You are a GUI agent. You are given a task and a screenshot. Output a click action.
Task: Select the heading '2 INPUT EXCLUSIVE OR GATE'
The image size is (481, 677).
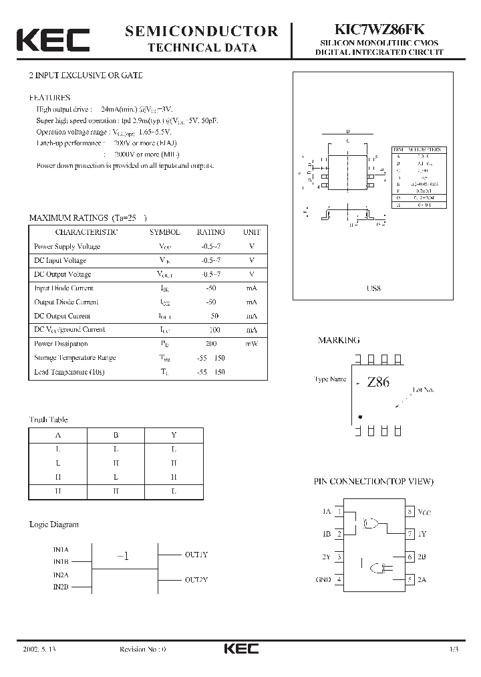coord(81,76)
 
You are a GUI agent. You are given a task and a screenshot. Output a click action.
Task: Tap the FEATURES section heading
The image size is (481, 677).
coord(49,97)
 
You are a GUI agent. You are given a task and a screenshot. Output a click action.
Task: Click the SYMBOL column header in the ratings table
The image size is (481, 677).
coord(164,232)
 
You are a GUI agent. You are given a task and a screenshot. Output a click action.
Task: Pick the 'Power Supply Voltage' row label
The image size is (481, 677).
coord(67,246)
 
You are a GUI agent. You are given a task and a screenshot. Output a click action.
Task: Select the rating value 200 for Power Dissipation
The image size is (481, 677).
coord(210,344)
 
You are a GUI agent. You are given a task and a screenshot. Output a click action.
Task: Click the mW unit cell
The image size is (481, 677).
coord(252,344)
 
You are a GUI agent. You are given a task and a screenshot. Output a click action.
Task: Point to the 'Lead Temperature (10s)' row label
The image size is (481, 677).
coord(69,372)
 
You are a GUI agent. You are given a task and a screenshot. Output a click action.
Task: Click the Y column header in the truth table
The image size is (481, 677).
coord(174,434)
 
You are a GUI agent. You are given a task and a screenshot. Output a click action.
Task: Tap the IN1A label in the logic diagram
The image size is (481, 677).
coord(61,549)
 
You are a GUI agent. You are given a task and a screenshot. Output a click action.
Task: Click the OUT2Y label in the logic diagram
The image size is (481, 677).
coord(196,579)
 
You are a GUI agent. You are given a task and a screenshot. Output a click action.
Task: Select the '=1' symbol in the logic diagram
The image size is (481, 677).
coord(122,557)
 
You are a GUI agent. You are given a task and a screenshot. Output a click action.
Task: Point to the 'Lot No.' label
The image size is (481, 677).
coord(424,389)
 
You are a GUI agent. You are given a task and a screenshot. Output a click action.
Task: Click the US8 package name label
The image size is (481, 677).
coord(373,288)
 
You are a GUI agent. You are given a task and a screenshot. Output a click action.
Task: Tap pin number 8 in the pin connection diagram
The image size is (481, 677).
coord(410,512)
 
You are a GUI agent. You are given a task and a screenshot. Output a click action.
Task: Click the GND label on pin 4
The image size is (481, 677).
coord(323,579)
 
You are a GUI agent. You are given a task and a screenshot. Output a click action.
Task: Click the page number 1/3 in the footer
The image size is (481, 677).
coord(454,650)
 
